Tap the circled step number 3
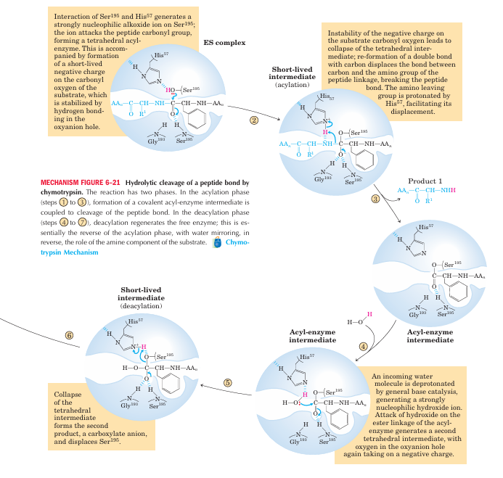click(375, 198)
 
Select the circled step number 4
click(363, 346)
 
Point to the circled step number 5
click(227, 383)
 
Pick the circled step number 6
click(70, 336)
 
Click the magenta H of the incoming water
click(369, 313)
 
